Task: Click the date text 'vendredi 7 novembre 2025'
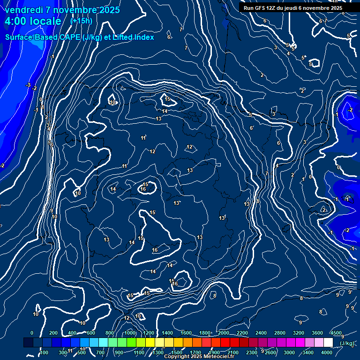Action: (x=62, y=10)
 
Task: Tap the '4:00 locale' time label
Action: (x=33, y=21)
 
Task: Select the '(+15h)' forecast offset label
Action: (x=81, y=21)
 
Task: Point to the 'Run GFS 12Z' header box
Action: (x=292, y=8)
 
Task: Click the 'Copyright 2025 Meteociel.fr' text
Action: (x=199, y=357)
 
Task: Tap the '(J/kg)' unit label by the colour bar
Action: (x=347, y=343)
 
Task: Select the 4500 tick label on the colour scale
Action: (x=336, y=333)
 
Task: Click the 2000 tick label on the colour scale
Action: (x=223, y=333)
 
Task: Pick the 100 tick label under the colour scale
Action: (x=44, y=352)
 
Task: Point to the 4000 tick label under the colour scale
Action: (x=327, y=352)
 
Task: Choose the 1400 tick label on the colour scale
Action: (x=167, y=333)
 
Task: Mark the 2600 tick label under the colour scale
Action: (x=270, y=352)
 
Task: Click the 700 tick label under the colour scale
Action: (x=100, y=352)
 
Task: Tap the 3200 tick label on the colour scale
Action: (x=299, y=333)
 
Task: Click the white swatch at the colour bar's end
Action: (x=328, y=343)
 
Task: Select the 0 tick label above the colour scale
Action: (x=32, y=333)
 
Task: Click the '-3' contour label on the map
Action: (x=28, y=85)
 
